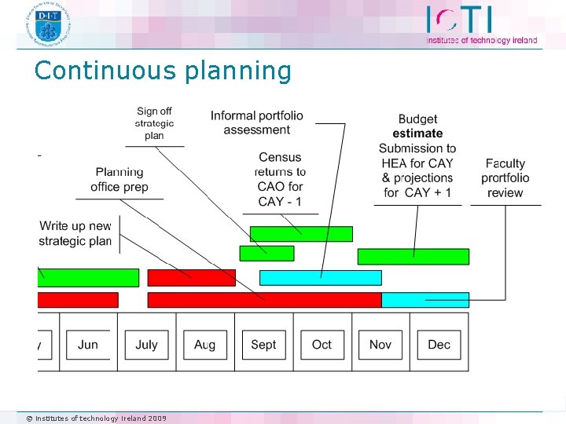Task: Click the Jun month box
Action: (x=88, y=345)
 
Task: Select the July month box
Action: (x=146, y=345)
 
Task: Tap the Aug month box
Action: (x=204, y=345)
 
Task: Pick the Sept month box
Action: (x=263, y=345)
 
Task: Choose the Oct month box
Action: (x=322, y=345)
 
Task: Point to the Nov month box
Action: (x=380, y=345)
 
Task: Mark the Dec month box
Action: (x=439, y=345)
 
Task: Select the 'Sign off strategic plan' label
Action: (x=154, y=124)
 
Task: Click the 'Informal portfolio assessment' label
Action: (x=256, y=123)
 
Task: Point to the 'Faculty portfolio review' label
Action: (x=505, y=178)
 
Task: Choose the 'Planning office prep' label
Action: (x=119, y=180)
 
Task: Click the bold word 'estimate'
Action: (x=417, y=133)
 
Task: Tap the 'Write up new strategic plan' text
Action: (x=75, y=234)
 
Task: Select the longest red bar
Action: (x=264, y=300)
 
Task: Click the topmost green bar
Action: (x=301, y=234)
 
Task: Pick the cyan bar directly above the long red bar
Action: (x=320, y=278)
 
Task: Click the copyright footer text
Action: (x=97, y=419)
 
